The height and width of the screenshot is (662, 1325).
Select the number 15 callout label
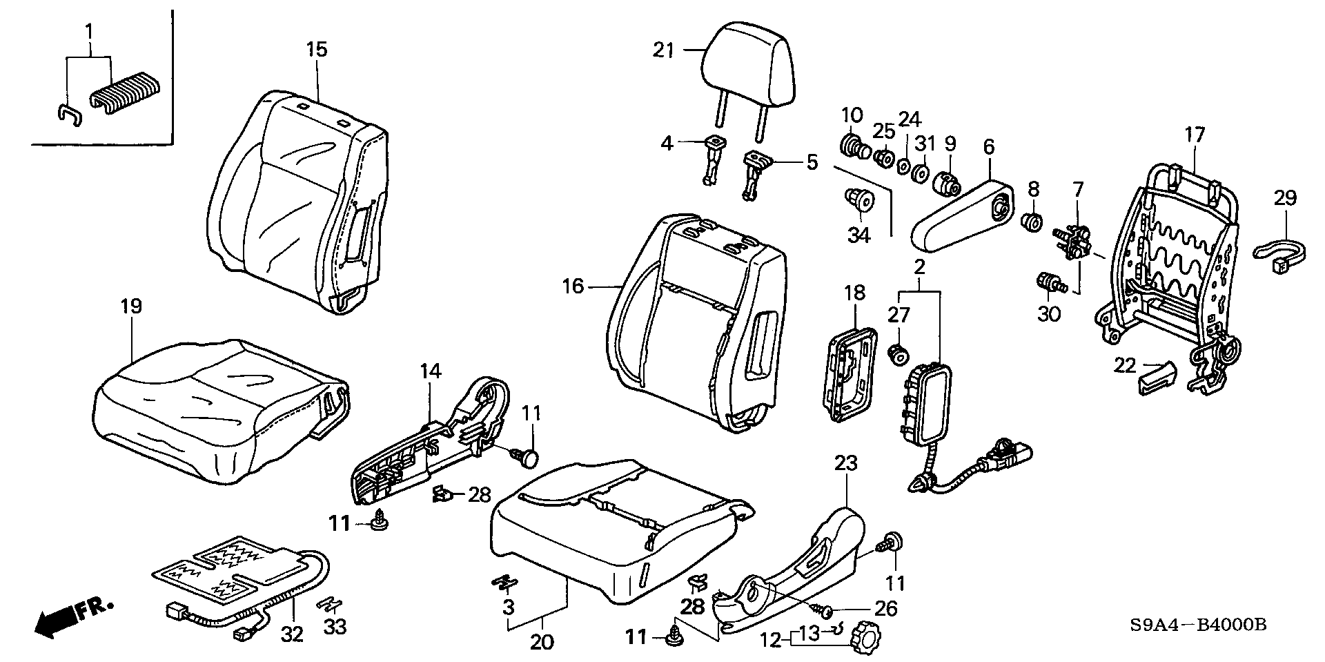coord(317,49)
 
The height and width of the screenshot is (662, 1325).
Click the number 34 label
coord(858,235)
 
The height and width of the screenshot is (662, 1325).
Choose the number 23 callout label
coord(846,464)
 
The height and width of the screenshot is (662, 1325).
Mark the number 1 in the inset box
coord(88,30)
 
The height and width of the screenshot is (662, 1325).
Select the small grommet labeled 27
coord(898,354)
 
